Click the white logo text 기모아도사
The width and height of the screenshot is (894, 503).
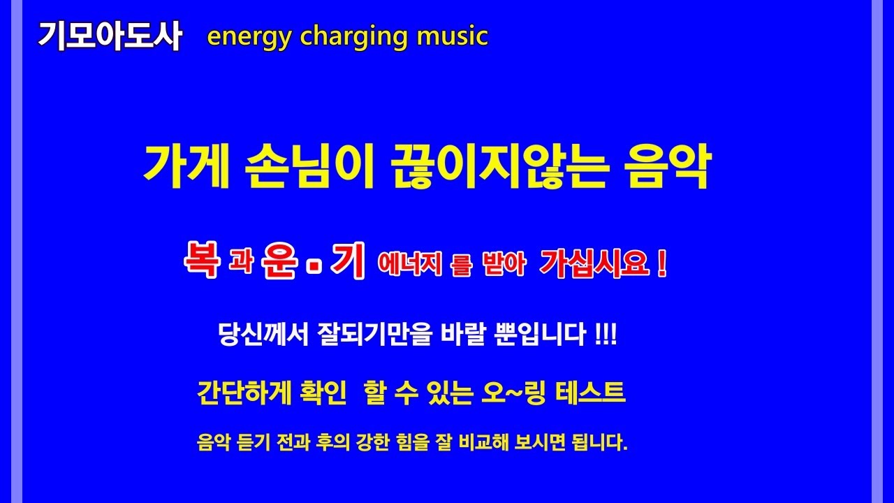110,36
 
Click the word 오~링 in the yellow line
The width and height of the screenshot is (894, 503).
514,393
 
